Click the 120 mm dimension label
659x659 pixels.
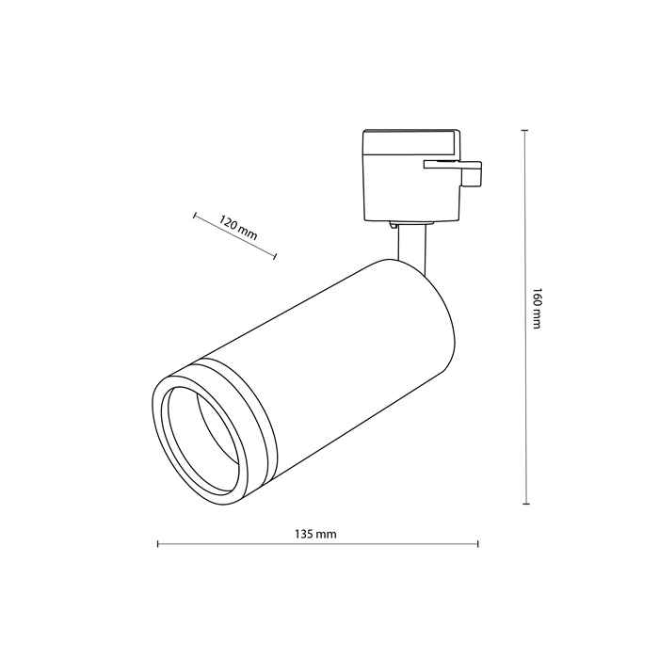(x=238, y=228)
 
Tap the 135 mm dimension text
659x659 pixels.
(x=315, y=534)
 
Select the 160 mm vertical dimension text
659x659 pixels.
(x=537, y=309)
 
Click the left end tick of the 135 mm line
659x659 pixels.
(x=157, y=544)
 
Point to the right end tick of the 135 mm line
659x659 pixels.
(x=478, y=544)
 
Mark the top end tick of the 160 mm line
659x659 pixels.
(x=525, y=131)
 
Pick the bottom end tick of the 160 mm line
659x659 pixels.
(x=525, y=504)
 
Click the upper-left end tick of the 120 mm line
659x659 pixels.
(x=195, y=216)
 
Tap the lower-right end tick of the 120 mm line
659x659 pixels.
(x=275, y=256)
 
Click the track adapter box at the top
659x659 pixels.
(x=411, y=175)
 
